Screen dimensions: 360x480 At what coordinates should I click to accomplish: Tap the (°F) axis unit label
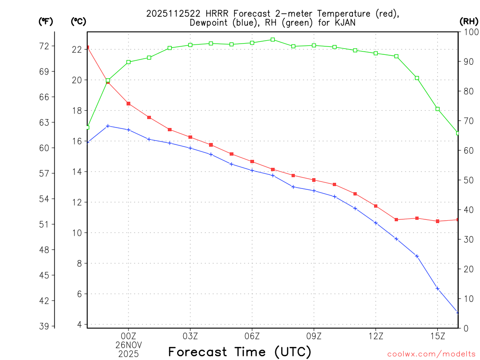point(45,21)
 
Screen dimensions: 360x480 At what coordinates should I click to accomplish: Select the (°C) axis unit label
point(78,21)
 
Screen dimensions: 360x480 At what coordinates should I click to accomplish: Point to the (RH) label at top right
point(469,21)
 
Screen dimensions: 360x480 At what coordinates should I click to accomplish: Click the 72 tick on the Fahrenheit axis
point(45,46)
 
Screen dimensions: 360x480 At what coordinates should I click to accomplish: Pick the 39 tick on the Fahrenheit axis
point(45,326)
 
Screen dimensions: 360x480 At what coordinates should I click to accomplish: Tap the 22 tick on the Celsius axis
point(77,49)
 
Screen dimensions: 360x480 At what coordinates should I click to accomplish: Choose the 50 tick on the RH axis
point(468,180)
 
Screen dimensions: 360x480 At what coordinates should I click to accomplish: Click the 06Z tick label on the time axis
point(252,336)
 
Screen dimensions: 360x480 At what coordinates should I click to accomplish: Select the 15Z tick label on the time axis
point(438,336)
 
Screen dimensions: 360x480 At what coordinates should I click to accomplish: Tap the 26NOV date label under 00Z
point(128,345)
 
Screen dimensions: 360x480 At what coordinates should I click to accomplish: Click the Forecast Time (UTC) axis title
point(240,352)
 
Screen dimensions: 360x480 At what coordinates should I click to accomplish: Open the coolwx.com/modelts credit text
point(431,354)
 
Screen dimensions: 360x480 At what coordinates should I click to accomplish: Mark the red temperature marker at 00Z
point(128,104)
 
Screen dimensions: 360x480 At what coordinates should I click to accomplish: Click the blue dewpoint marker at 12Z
point(376,223)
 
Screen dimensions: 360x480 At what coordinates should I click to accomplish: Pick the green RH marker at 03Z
point(190,45)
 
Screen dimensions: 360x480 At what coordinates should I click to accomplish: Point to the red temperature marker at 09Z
point(314,180)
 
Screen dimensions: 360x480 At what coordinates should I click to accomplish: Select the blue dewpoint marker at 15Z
point(438,289)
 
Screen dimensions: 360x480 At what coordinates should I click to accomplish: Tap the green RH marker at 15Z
point(438,109)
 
